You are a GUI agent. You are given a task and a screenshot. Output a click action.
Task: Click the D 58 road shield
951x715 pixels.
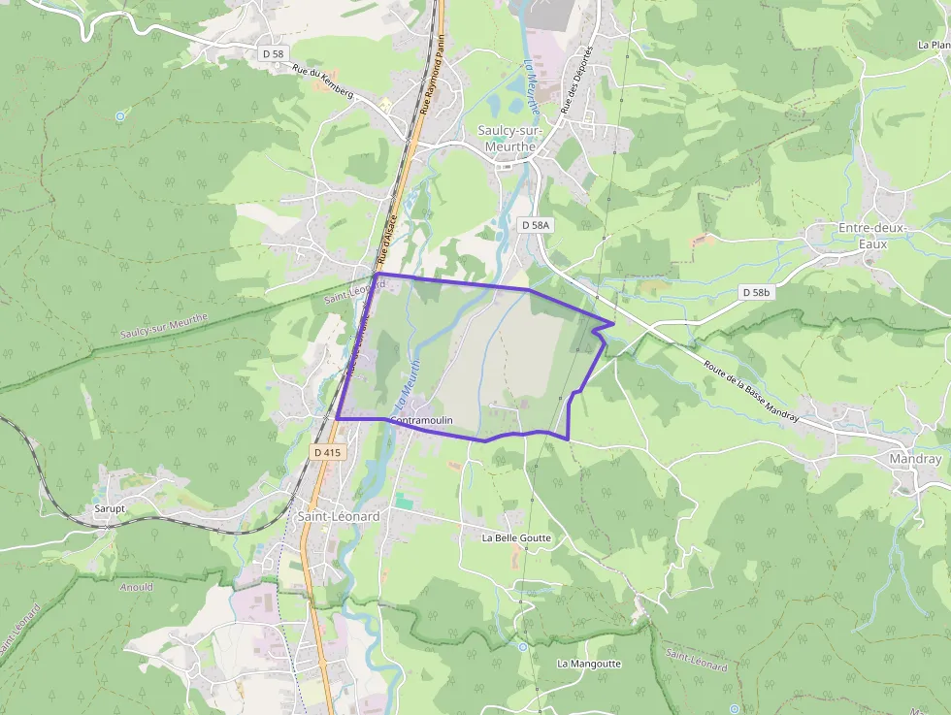[x=273, y=54]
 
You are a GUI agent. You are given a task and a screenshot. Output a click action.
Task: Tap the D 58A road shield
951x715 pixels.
[x=535, y=225]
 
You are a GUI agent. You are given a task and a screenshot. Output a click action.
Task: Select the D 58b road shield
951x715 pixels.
[x=755, y=292]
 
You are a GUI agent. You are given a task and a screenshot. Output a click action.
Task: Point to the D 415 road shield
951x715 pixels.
[x=328, y=452]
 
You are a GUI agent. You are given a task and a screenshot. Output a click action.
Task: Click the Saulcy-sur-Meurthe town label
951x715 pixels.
[x=507, y=138]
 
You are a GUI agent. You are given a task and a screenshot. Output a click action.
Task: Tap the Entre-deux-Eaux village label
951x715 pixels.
[x=871, y=236]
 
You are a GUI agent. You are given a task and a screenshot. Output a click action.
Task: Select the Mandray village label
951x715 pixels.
[x=915, y=459]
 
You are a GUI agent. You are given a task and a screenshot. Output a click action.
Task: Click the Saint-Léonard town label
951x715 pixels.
[x=338, y=517]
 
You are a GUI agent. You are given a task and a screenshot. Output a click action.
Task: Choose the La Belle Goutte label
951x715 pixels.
[x=516, y=537]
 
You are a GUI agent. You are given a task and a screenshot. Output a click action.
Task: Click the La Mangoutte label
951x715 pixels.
[x=588, y=664]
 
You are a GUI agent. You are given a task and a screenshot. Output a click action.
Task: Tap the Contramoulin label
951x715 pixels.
[x=422, y=420]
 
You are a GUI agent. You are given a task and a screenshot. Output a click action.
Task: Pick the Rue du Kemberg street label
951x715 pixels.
[x=323, y=81]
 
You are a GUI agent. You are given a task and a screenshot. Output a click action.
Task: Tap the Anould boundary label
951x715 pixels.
[x=136, y=587]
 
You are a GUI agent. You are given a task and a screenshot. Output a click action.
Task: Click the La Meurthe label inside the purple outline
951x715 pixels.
[x=409, y=385]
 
